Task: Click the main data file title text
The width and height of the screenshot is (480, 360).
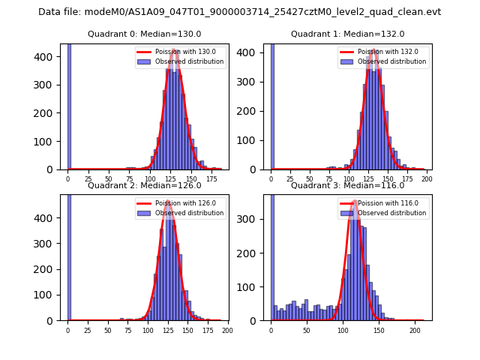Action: tap(239, 12)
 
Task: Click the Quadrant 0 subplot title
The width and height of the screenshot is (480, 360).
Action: tap(144, 34)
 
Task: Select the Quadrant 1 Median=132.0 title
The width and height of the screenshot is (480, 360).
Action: tap(347, 34)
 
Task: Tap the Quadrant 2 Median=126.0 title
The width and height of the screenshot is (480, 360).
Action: tap(144, 185)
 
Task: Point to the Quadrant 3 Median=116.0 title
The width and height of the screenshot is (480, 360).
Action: tap(347, 185)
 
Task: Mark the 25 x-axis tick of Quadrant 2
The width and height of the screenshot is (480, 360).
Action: tap(88, 331)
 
